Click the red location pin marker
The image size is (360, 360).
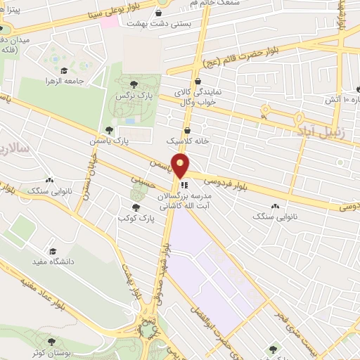181,166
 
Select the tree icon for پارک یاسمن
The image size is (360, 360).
108,129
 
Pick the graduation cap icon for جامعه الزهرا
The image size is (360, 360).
64,70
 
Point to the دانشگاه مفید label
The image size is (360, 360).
51,263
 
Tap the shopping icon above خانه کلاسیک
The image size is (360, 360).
187,129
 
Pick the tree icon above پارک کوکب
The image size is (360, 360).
136,207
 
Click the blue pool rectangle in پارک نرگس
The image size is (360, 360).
130,121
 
